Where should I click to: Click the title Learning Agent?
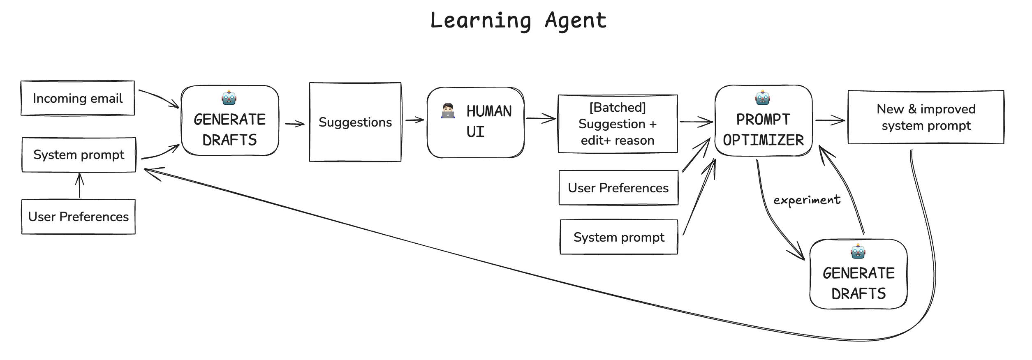pyautogui.click(x=518, y=21)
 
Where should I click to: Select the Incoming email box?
pyautogui.click(x=78, y=98)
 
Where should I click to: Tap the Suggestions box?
pyautogui.click(x=355, y=122)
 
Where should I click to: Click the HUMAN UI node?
pyautogui.click(x=476, y=122)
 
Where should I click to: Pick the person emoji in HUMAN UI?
pyautogui.click(x=448, y=111)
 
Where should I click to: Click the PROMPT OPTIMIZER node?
pyautogui.click(x=763, y=129)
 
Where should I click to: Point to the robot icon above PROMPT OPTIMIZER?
pyautogui.click(x=763, y=98)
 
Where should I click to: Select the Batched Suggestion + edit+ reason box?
pyautogui.click(x=618, y=124)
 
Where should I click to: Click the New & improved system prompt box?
pyautogui.click(x=926, y=117)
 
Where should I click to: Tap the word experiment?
pyautogui.click(x=807, y=200)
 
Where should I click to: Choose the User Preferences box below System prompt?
pyautogui.click(x=79, y=217)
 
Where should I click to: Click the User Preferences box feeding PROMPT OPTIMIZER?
pyautogui.click(x=618, y=188)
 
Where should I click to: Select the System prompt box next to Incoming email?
pyautogui.click(x=79, y=155)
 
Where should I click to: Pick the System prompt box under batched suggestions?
pyautogui.click(x=619, y=237)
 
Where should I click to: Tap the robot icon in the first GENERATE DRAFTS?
pyautogui.click(x=229, y=98)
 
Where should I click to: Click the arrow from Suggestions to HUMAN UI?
pyautogui.click(x=414, y=120)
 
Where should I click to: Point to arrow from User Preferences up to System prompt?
pyautogui.click(x=80, y=186)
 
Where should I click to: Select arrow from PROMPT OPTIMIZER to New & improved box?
pyautogui.click(x=830, y=120)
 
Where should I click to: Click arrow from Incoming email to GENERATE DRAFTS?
pyautogui.click(x=159, y=98)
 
